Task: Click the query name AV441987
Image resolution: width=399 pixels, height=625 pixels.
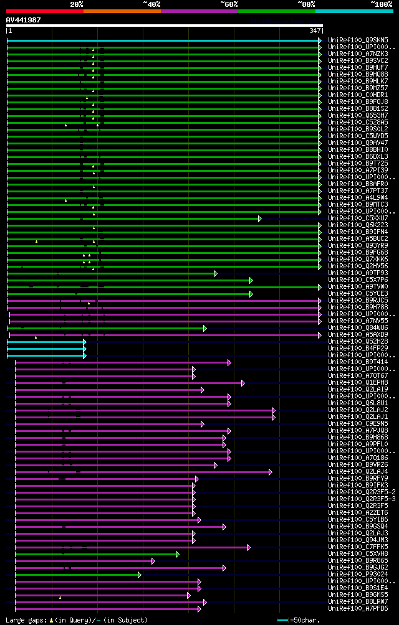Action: (23, 20)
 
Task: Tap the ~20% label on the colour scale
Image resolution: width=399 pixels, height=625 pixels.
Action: (76, 4)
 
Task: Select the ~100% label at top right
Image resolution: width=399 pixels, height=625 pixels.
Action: (381, 4)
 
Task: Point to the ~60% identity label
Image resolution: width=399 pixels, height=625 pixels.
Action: (229, 4)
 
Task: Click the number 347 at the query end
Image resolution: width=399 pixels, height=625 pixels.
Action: (315, 31)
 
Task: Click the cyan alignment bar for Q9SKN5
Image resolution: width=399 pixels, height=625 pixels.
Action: (162, 40)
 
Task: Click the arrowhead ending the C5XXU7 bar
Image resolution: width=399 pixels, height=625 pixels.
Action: (260, 219)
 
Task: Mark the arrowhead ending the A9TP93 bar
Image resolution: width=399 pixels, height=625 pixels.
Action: (215, 273)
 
